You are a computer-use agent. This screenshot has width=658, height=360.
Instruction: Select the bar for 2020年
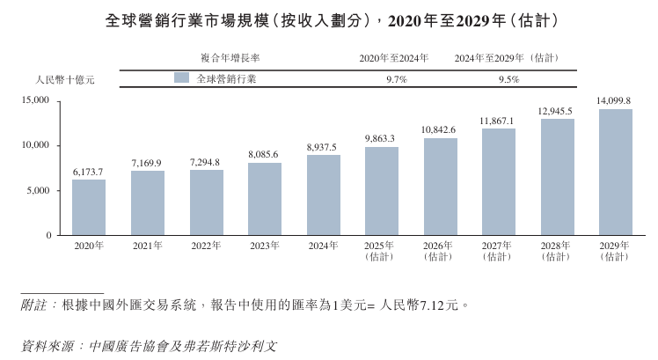coord(89,208)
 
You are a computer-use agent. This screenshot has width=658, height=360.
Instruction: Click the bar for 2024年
coord(323,195)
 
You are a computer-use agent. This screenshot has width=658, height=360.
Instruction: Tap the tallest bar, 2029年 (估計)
coord(615,173)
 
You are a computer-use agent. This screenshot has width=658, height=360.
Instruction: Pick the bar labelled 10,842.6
coord(440,187)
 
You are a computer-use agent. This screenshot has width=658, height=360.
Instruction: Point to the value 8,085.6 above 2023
coord(264,155)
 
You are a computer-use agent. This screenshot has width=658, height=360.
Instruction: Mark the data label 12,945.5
coord(556,111)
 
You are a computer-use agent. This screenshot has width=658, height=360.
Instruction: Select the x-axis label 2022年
coord(206,246)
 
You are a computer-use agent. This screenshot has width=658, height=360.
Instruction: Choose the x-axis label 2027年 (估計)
coord(498,251)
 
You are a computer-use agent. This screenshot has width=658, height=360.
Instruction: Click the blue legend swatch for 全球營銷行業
coord(182,77)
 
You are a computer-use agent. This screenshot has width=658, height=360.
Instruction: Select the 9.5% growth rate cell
coord(508,78)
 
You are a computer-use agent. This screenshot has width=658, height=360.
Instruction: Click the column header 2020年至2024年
coord(393,58)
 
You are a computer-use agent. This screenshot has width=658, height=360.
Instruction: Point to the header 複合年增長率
coord(230,58)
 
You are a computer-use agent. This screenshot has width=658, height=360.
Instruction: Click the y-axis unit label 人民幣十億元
coord(63,79)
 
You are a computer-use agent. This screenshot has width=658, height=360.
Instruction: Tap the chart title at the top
coord(329,18)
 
